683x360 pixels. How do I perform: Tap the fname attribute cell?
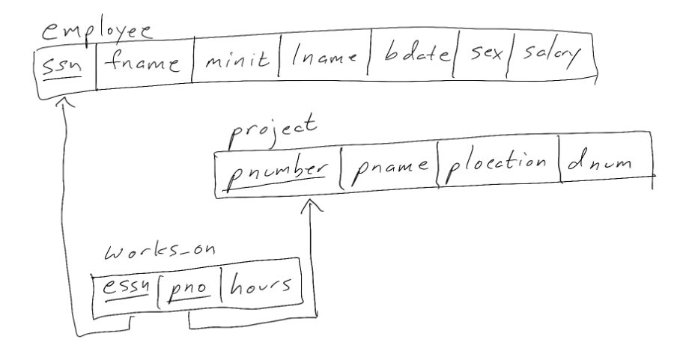pos(142,64)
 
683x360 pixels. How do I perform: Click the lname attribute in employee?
pos(324,63)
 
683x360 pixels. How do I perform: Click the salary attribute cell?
pos(550,60)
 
